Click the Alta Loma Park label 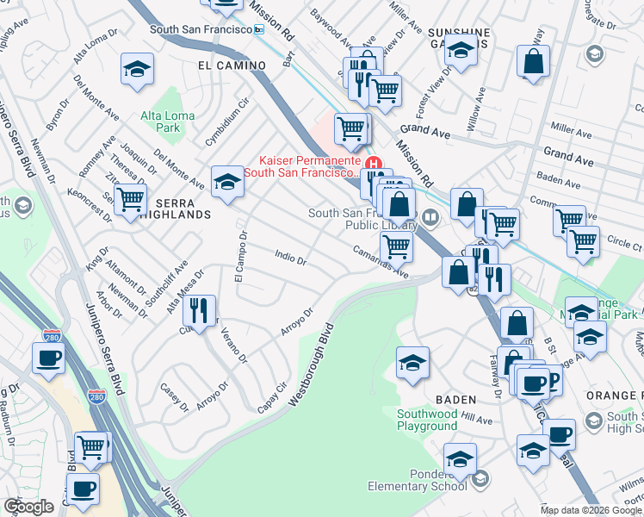pyautogui.click(x=161, y=121)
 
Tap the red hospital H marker pyautogui.click(x=374, y=163)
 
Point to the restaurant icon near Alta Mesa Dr pyautogui.click(x=200, y=310)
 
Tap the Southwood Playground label pyautogui.click(x=427, y=420)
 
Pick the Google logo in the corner pyautogui.click(x=29, y=506)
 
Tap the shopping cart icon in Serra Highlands pyautogui.click(x=130, y=199)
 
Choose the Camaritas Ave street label pyautogui.click(x=379, y=260)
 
